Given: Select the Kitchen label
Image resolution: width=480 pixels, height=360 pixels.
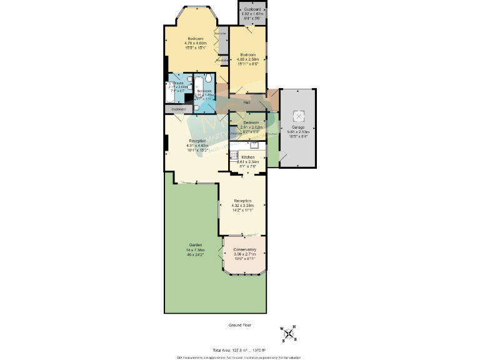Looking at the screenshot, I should pos(248,157).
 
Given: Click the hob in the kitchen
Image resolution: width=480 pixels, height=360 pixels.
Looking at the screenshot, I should pos(233,162).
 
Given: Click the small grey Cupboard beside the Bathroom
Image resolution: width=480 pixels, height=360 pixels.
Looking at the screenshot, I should pos(179,109).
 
